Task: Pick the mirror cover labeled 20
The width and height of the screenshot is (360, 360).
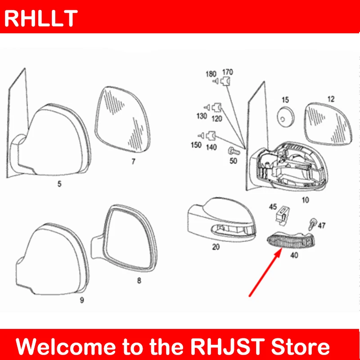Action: tap(220, 220)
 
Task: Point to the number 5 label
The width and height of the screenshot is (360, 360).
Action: tap(59, 183)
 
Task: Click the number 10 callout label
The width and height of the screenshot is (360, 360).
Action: tap(305, 199)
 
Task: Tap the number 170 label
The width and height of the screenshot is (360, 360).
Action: tap(228, 72)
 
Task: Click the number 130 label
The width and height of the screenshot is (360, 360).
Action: tap(202, 116)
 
